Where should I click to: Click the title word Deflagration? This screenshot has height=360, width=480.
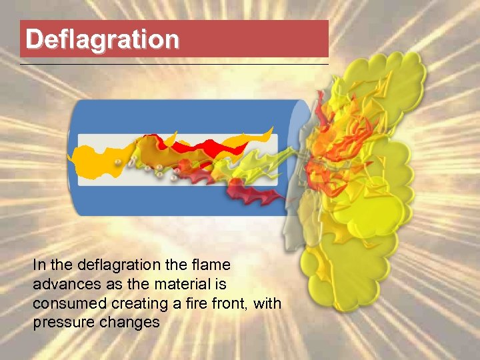[x=103, y=39]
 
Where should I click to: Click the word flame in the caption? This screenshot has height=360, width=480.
[x=211, y=265]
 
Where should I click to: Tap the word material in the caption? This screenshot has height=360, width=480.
[x=181, y=285]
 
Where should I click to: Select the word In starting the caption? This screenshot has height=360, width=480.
[x=38, y=265]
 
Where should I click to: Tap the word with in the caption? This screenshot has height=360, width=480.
[x=267, y=304]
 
